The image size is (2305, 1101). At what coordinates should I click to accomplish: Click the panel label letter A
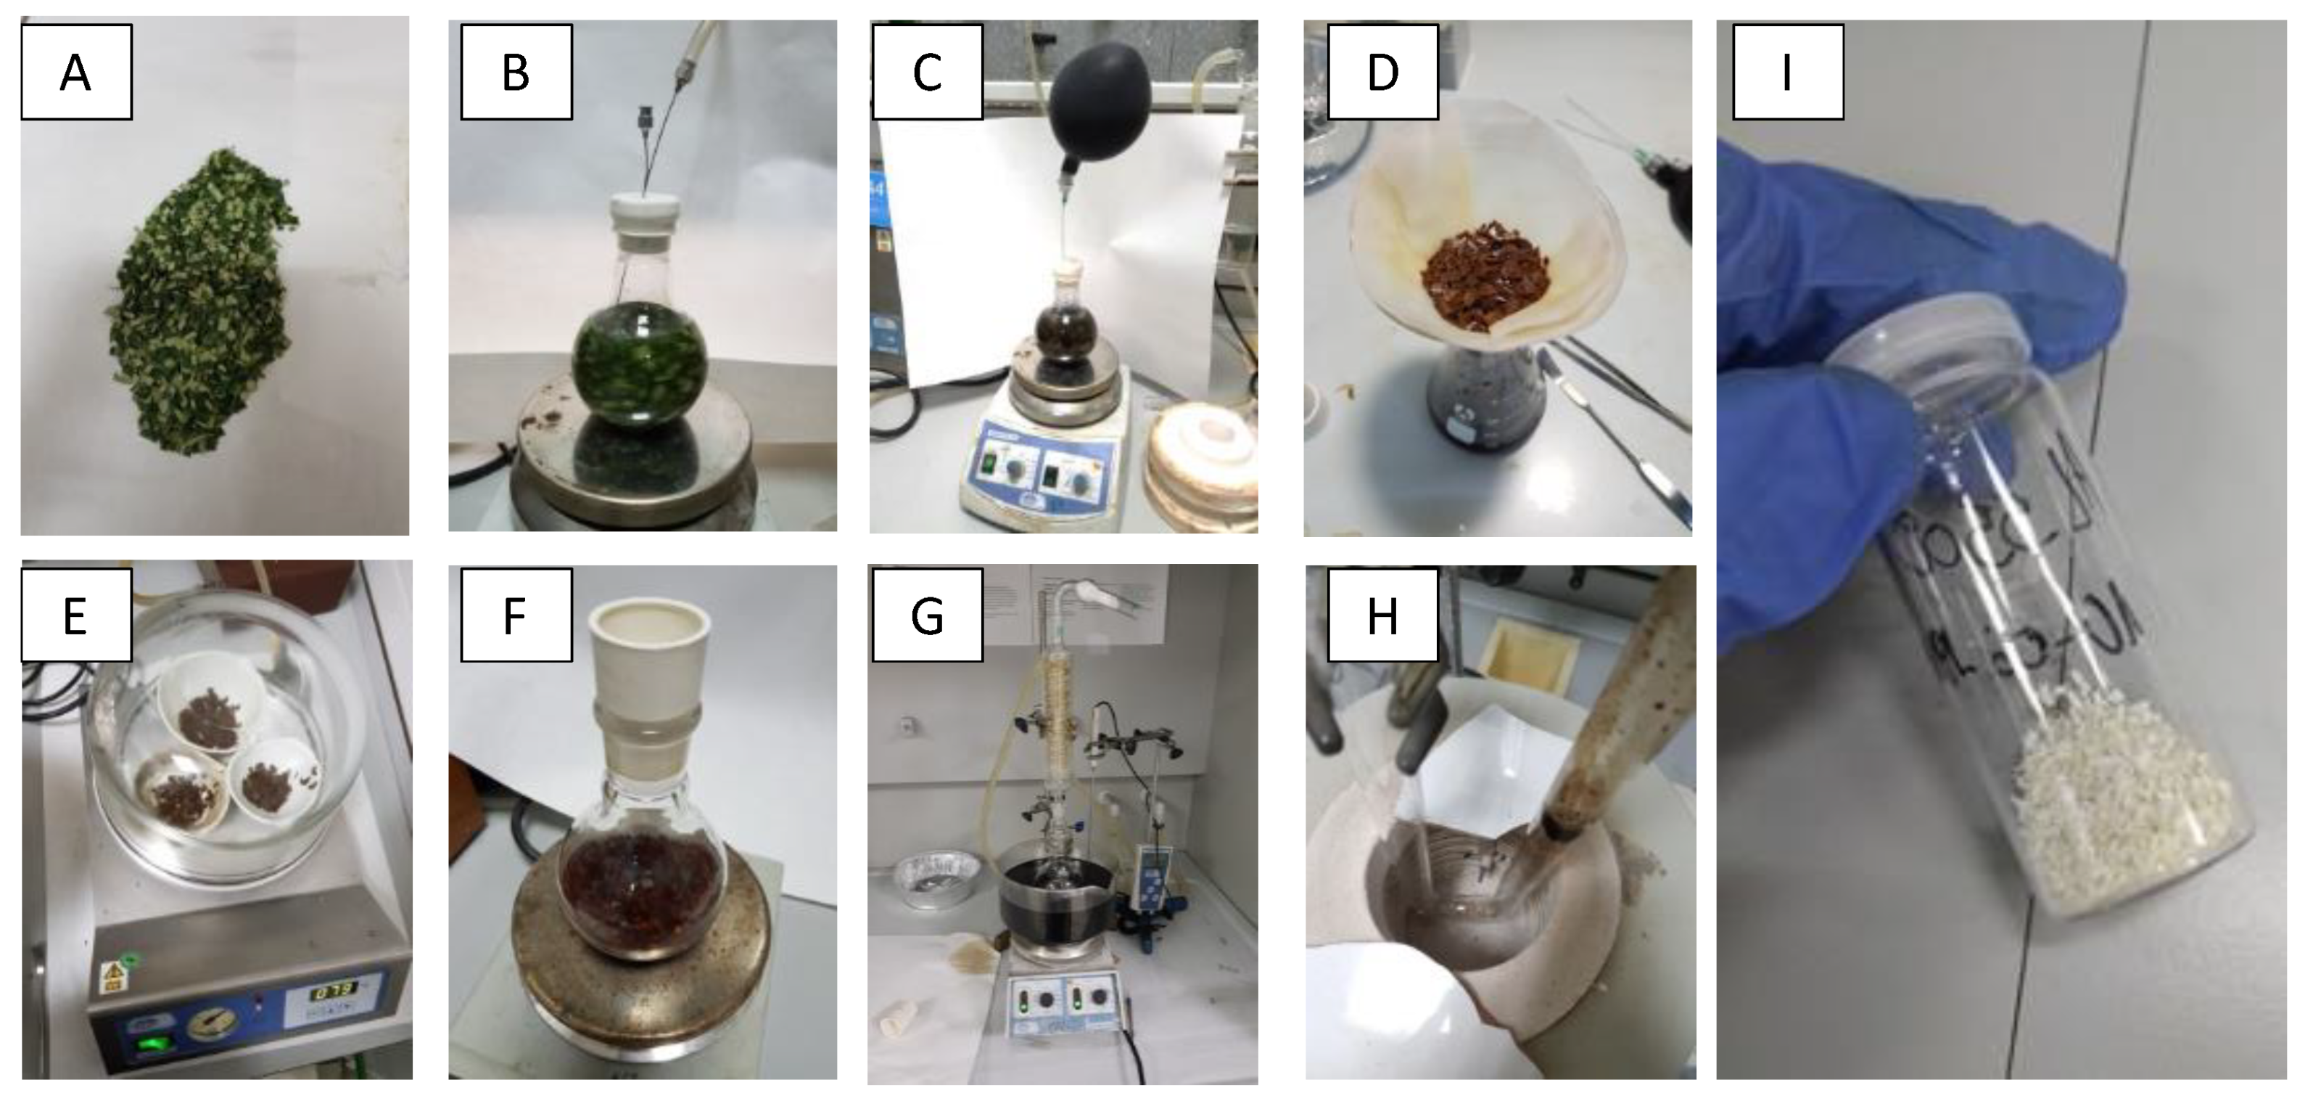pos(75,73)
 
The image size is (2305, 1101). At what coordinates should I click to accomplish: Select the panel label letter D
pos(1382,73)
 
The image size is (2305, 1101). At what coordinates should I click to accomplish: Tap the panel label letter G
pos(927,616)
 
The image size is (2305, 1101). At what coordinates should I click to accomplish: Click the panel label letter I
pos(1787,73)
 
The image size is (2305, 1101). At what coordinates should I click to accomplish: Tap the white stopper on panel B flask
pos(644,213)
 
